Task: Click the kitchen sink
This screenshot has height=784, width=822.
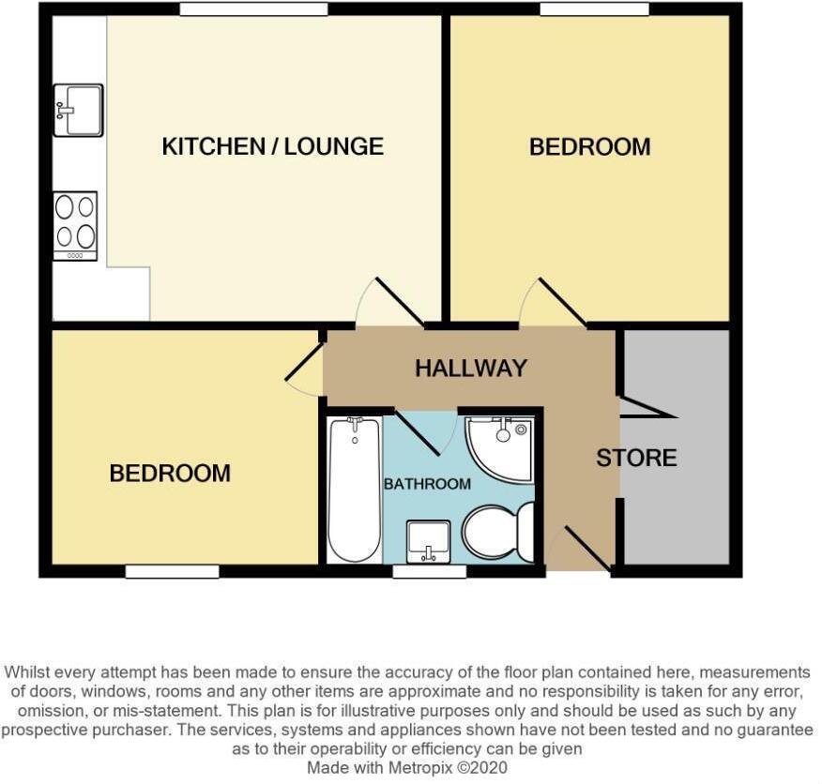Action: pyautogui.click(x=78, y=110)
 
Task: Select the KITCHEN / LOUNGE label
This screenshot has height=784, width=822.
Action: pyautogui.click(x=272, y=147)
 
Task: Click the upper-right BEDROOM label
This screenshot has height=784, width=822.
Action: pyautogui.click(x=589, y=147)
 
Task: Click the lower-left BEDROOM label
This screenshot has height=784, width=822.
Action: pyautogui.click(x=170, y=474)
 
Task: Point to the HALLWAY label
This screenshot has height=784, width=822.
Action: pyautogui.click(x=471, y=369)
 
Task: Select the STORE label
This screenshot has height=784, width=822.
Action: pyautogui.click(x=636, y=459)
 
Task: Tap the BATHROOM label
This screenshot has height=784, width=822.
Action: pyautogui.click(x=427, y=484)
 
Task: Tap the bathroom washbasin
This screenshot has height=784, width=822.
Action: pyautogui.click(x=429, y=541)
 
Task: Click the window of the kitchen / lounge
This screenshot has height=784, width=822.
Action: pyautogui.click(x=253, y=9)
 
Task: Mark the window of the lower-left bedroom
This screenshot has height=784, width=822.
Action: pyautogui.click(x=172, y=571)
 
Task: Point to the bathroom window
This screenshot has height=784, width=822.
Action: pyautogui.click(x=429, y=571)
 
